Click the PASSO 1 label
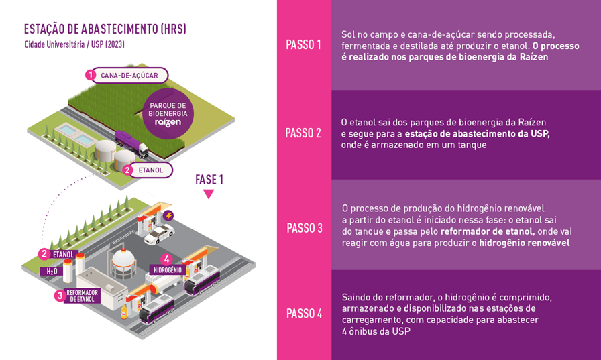(303, 45)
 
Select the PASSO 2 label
(303, 133)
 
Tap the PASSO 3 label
(305, 228)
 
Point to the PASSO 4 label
(305, 314)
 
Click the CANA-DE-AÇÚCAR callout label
(129, 76)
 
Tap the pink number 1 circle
(90, 74)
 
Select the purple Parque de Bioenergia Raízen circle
(168, 114)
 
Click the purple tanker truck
(131, 143)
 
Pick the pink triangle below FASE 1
(209, 194)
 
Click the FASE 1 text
(209, 179)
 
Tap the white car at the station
(159, 234)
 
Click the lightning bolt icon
(168, 215)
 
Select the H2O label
(52, 271)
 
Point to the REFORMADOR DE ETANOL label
(82, 296)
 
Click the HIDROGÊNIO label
(168, 270)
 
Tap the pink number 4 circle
(166, 259)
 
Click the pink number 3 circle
(60, 296)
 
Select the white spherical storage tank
(123, 262)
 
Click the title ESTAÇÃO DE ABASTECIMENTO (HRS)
(105, 29)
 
